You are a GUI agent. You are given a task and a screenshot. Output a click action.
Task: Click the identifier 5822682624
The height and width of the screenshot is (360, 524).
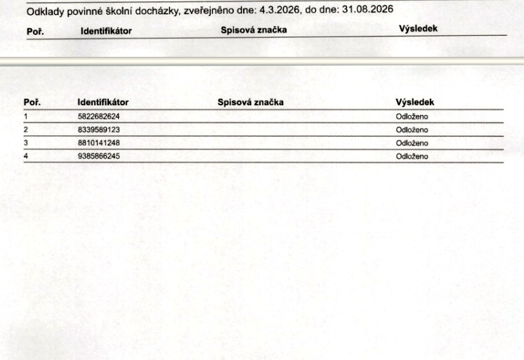pyautogui.click(x=99, y=116)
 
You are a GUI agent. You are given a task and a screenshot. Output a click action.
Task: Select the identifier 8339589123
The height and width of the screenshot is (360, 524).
pyautogui.click(x=99, y=130)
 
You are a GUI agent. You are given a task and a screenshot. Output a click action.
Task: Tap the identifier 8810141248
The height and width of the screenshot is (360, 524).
pyautogui.click(x=99, y=143)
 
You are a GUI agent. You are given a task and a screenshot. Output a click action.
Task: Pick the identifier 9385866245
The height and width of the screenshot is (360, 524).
pyautogui.click(x=99, y=156)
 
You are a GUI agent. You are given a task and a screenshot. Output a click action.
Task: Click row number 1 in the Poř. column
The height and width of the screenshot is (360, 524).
pyautogui.click(x=26, y=116)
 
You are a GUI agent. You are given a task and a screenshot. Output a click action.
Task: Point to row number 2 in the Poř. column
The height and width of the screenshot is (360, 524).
pyautogui.click(x=26, y=130)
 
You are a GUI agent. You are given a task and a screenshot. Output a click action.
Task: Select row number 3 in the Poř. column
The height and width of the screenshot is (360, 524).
pyautogui.click(x=26, y=143)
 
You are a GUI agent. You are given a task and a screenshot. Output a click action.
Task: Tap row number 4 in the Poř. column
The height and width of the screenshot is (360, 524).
pyautogui.click(x=26, y=156)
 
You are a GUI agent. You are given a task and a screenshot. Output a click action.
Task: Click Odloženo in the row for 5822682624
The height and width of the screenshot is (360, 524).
pyautogui.click(x=412, y=116)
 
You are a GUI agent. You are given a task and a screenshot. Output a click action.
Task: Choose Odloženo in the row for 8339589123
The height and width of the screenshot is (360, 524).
pyautogui.click(x=412, y=130)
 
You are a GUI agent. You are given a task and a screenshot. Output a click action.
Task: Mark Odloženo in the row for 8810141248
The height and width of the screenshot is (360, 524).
pyautogui.click(x=412, y=143)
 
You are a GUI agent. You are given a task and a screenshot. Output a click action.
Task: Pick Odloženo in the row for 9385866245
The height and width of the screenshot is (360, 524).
pyautogui.click(x=412, y=156)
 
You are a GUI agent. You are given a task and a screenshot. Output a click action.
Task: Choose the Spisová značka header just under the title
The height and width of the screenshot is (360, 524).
pyautogui.click(x=254, y=29)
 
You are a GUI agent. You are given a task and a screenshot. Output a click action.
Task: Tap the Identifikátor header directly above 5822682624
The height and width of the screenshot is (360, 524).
pyautogui.click(x=103, y=103)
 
